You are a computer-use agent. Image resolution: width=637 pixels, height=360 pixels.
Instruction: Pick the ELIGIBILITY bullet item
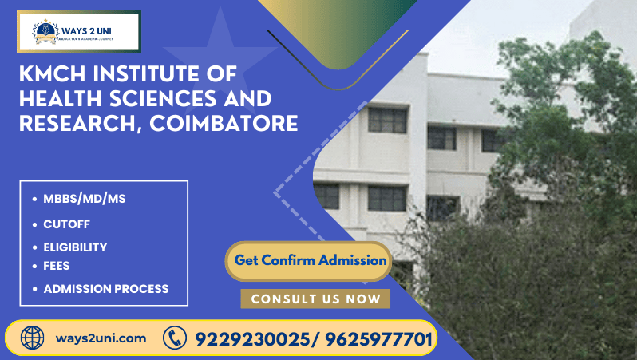(x=75, y=247)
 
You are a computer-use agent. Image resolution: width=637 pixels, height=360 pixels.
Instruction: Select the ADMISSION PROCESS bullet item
(x=105, y=289)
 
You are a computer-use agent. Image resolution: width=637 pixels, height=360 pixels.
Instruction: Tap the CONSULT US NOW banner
(x=315, y=299)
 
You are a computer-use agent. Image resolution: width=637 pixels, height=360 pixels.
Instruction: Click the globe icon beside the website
(x=33, y=338)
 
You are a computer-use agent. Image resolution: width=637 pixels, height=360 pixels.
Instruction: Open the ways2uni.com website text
(x=101, y=338)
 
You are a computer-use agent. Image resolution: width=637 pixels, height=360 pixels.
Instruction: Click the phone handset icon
(x=174, y=338)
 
